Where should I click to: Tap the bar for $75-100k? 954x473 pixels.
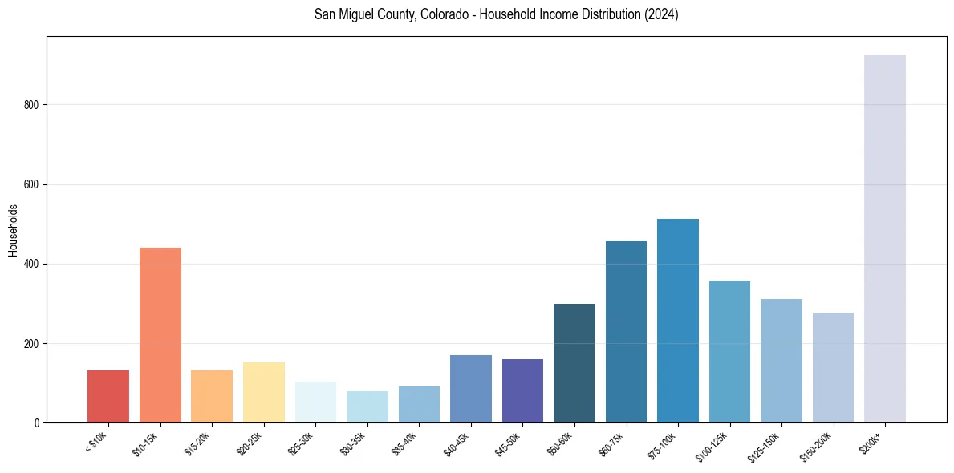click(678, 321)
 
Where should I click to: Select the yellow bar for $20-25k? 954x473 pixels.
click(264, 393)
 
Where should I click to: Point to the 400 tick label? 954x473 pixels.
click(30, 264)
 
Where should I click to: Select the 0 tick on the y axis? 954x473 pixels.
click(37, 423)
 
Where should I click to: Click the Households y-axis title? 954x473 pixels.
click(13, 230)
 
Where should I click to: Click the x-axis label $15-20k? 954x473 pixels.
click(201, 444)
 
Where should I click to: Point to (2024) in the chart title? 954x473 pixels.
click(663, 15)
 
